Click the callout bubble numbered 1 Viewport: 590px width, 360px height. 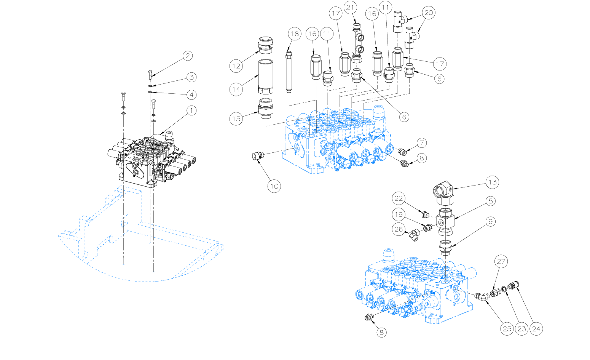(x=191, y=110)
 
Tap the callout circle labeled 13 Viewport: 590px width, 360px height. (x=492, y=182)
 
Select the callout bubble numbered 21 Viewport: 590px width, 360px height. (x=350, y=7)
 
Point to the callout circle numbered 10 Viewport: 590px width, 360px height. (x=274, y=186)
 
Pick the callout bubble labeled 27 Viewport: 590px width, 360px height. (x=501, y=261)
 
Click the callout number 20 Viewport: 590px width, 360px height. (x=429, y=13)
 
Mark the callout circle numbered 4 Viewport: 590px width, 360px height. (x=191, y=94)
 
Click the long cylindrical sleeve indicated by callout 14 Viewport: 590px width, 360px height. (x=266, y=77)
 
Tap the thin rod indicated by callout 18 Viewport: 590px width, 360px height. (x=289, y=72)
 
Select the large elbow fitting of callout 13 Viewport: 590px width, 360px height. (x=444, y=193)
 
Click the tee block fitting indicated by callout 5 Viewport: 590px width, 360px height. (x=445, y=221)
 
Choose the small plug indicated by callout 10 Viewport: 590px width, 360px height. (x=258, y=156)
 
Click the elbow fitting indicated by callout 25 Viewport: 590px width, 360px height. (x=482, y=296)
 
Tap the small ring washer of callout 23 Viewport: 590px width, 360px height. (x=504, y=289)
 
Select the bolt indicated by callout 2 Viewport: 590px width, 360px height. (x=150, y=75)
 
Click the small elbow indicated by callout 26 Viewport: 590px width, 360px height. (x=414, y=235)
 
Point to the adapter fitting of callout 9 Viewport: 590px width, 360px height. (x=445, y=248)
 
